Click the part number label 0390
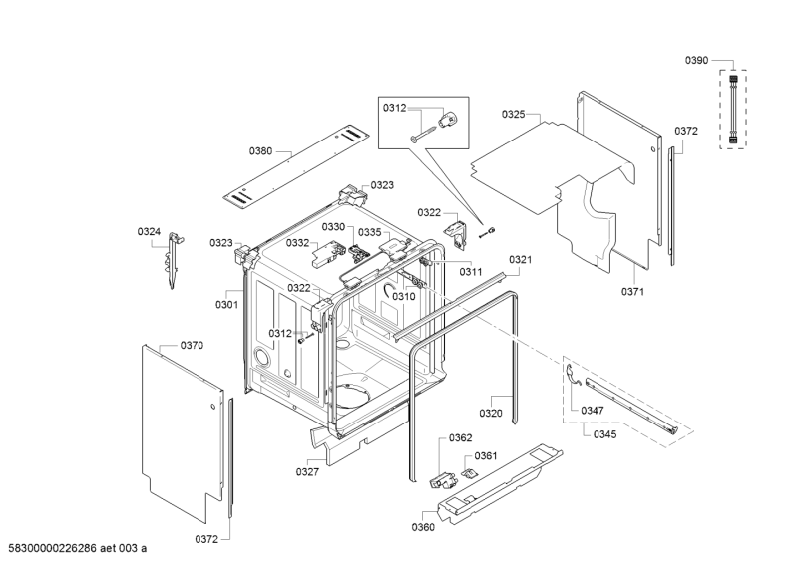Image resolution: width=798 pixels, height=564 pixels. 696,61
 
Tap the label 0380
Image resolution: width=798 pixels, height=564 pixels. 260,151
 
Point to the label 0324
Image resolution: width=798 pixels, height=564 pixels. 149,232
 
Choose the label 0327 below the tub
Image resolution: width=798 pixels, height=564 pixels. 307,471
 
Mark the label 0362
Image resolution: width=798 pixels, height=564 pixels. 460,437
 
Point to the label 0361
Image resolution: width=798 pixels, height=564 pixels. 486,455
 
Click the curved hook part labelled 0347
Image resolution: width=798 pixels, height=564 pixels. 571,377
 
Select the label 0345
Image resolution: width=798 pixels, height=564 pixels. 605,434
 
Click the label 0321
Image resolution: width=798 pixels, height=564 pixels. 521,259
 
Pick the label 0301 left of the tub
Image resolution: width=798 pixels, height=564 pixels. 226,305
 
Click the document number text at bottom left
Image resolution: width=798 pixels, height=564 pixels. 77,548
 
